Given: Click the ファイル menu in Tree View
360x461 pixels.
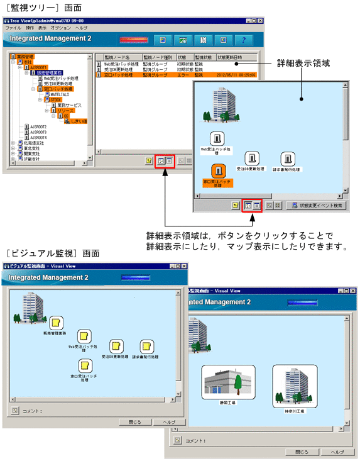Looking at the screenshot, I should point(13,28).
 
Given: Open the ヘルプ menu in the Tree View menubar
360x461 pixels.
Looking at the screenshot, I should point(81,28).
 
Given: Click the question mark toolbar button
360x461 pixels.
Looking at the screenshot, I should point(243,40).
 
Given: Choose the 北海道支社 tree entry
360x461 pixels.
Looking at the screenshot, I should point(30,143).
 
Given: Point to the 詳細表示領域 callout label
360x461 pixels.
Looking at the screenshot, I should point(303,64).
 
